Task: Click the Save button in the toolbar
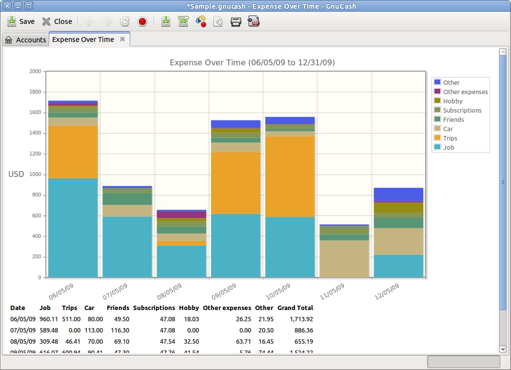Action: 21,21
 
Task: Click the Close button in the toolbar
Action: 57,21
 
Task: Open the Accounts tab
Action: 25,40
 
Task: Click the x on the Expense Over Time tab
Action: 122,39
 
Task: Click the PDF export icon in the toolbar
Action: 254,21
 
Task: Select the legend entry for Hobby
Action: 452,101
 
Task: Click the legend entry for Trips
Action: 450,138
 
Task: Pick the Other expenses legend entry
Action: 465,92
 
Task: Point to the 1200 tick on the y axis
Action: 35,154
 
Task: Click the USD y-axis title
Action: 16,174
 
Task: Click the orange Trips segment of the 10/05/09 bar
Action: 290,176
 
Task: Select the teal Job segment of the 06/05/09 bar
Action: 73,228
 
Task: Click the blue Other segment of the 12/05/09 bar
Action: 398,194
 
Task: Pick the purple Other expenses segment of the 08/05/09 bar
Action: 181,214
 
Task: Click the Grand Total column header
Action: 295,308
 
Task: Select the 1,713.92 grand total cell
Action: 300,319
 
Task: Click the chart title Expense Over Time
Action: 252,62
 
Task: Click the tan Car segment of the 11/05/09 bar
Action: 344,259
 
